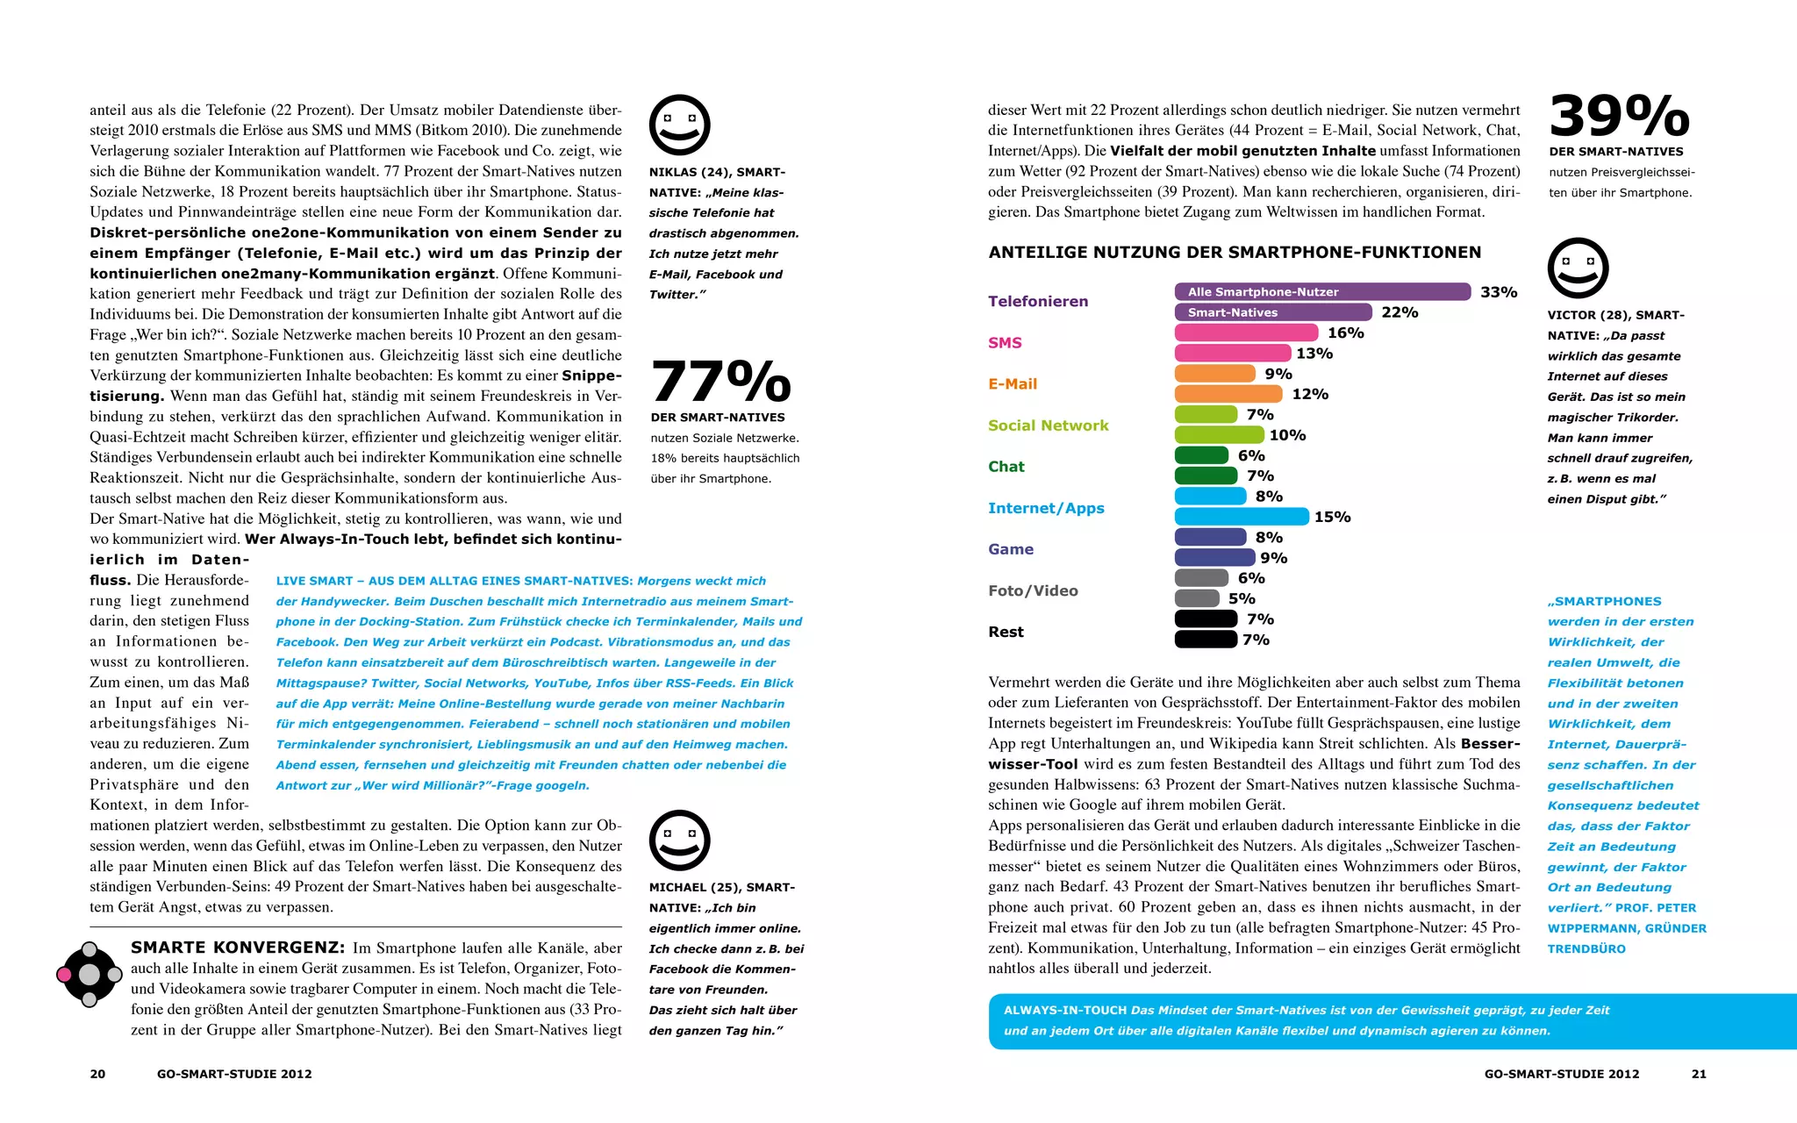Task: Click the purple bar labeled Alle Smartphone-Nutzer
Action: [x=1321, y=291]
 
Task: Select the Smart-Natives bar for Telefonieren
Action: [x=1272, y=312]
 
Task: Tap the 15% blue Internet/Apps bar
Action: [x=1241, y=517]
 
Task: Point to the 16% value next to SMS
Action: [x=1345, y=333]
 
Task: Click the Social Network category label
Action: [x=1048, y=426]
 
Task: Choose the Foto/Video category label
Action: [x=1033, y=590]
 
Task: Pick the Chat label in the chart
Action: [x=1006, y=467]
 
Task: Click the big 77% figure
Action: [x=720, y=382]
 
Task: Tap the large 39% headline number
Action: [x=1619, y=116]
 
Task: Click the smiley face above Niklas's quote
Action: [x=679, y=125]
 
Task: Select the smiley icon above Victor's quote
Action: [x=1578, y=268]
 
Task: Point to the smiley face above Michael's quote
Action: [x=679, y=840]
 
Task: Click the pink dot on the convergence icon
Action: [x=64, y=975]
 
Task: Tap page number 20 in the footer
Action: [x=97, y=1074]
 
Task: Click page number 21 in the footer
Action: [x=1699, y=1074]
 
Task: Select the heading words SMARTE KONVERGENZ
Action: [x=238, y=948]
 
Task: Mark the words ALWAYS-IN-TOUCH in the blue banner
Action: [x=1065, y=1011]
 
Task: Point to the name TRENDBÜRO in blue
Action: [x=1586, y=949]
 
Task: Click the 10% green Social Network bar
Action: [x=1219, y=435]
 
